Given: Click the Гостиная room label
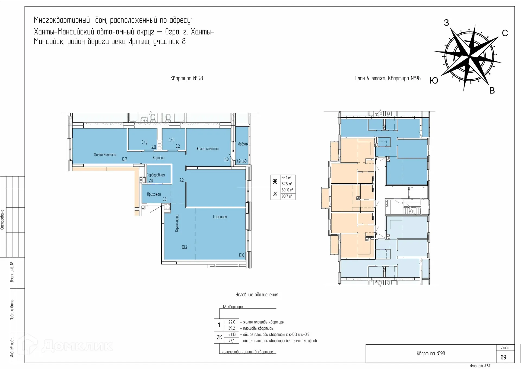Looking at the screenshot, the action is click(x=220, y=217).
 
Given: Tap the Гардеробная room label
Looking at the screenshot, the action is click(x=156, y=175).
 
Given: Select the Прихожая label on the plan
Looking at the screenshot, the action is click(x=154, y=194).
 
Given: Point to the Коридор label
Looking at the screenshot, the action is click(x=158, y=158).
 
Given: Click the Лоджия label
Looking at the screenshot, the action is click(x=243, y=144).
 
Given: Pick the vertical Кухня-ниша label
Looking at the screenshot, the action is click(x=177, y=223).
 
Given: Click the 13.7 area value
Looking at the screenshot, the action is click(x=124, y=159).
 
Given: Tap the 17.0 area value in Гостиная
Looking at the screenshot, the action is click(x=241, y=255).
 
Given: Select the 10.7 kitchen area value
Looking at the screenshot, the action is click(x=185, y=247).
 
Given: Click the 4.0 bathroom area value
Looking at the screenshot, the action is click(x=154, y=147).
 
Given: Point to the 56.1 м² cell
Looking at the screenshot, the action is click(x=287, y=178).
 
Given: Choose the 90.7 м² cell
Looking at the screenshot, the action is click(x=287, y=196).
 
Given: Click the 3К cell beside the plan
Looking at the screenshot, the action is click(x=275, y=194).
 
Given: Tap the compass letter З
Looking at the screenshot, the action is click(x=446, y=23).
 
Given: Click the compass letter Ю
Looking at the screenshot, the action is click(x=434, y=80).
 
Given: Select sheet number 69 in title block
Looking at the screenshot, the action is click(x=503, y=357).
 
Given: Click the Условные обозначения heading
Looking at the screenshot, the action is click(x=257, y=294).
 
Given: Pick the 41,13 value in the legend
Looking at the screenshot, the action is click(x=232, y=334).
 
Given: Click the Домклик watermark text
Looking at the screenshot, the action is click(x=77, y=346).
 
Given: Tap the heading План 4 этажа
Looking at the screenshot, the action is click(x=370, y=79).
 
